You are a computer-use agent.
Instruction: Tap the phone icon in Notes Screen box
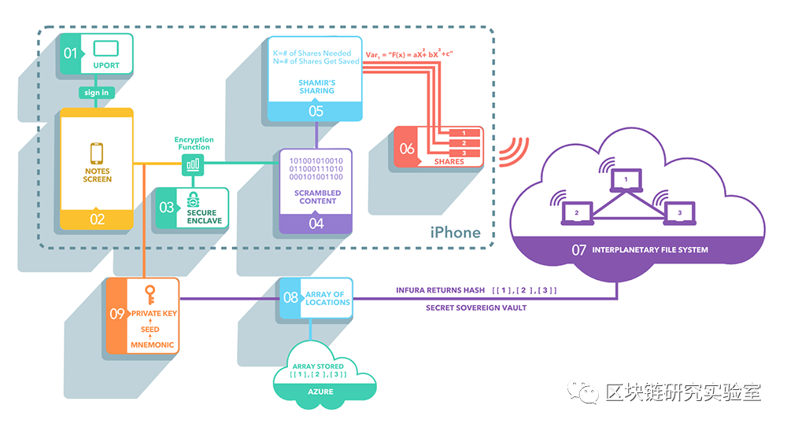97,153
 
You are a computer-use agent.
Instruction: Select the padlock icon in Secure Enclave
192,199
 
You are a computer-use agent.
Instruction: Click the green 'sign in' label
96,93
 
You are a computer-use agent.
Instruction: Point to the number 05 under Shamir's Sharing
316,112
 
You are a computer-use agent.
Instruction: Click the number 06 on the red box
407,148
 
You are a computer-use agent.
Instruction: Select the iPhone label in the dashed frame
455,232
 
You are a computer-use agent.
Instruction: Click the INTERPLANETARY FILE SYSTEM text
652,250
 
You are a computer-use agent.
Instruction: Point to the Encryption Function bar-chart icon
193,164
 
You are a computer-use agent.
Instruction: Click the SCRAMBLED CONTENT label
317,197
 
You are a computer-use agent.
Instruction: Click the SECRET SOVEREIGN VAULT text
476,307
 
